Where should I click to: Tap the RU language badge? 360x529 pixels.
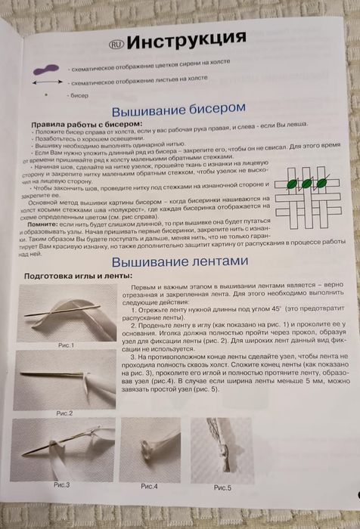click(114, 42)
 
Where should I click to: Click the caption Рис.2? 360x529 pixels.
click(64, 413)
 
